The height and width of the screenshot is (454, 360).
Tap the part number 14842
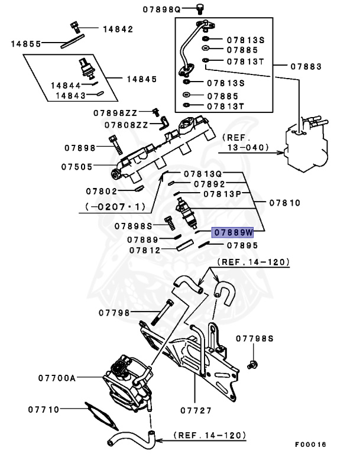(118, 29)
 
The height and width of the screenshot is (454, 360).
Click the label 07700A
(57, 377)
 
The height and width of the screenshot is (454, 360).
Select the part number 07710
(43, 408)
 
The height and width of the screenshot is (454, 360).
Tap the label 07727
(196, 408)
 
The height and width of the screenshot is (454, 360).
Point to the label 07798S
(255, 339)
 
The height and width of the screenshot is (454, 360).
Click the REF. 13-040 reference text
(245, 142)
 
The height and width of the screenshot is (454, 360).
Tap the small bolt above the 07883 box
(200, 9)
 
